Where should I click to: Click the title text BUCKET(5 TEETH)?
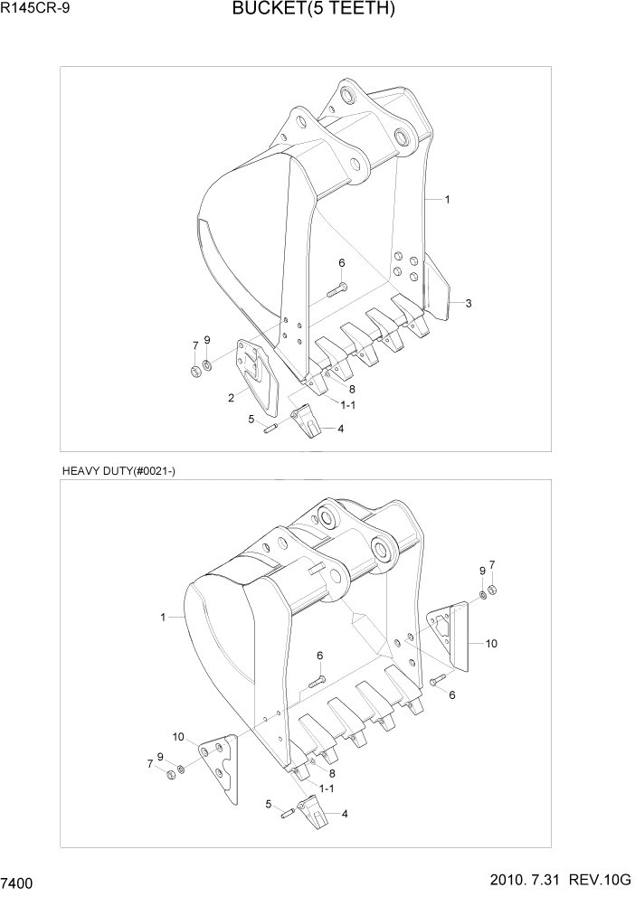313,11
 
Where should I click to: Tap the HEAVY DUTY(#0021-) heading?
118,471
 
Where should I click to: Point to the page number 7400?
19,882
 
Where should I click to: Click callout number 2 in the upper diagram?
232,397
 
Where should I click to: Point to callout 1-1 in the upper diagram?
348,406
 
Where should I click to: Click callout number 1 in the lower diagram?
163,618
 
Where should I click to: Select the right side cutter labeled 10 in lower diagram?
450,637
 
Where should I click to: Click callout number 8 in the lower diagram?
332,773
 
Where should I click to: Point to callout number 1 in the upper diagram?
447,199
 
